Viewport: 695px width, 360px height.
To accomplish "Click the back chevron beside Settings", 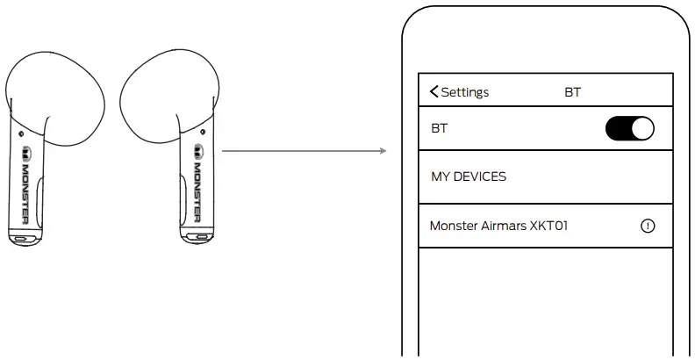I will click(x=433, y=92).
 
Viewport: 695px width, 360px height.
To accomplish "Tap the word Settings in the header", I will click(x=465, y=92).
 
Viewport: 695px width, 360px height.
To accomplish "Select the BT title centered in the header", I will click(x=573, y=92).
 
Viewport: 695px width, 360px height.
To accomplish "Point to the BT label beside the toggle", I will click(x=439, y=128).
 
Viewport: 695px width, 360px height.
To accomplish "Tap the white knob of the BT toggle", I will click(x=642, y=128).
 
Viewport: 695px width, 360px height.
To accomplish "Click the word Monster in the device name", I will click(x=454, y=226).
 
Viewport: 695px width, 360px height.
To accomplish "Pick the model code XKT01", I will click(x=549, y=226).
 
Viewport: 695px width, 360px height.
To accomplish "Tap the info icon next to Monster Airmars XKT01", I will click(x=648, y=226).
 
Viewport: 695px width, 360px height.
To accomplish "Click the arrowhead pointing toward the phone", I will click(x=382, y=151).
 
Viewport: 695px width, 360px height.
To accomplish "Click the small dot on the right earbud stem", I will click(x=203, y=133).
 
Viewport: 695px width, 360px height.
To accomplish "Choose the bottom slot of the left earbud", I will click(x=21, y=238).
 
